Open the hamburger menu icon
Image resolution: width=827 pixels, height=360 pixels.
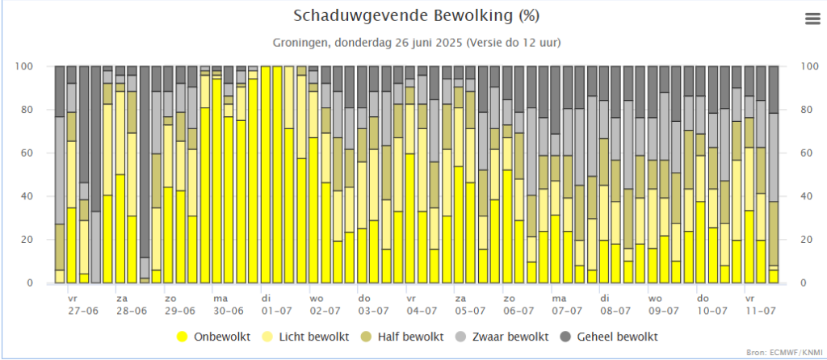[812, 20]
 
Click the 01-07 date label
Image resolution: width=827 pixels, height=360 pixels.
[276, 310]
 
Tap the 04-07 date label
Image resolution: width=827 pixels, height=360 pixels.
[422, 310]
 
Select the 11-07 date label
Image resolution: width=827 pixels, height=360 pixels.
[760, 310]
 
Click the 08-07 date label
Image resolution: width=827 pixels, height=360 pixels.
[615, 310]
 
